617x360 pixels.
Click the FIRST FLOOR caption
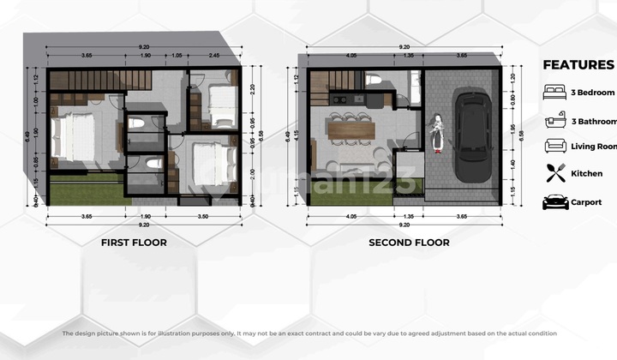click(134, 243)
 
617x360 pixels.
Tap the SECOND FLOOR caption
click(409, 243)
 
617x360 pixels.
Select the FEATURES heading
click(578, 64)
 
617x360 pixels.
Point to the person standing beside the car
click(437, 135)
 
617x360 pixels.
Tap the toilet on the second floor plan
click(373, 80)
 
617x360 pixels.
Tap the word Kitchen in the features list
click(587, 174)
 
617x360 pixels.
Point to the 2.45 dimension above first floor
click(212, 56)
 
